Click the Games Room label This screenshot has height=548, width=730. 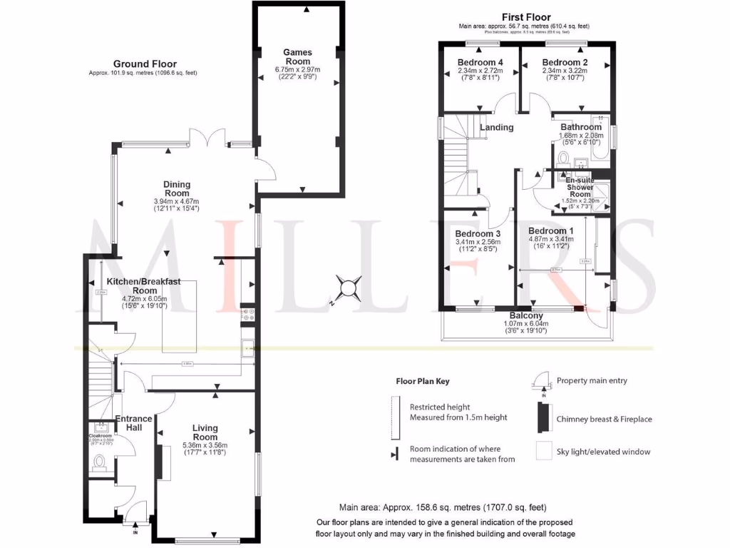tap(297, 56)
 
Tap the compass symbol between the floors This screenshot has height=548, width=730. tap(349, 288)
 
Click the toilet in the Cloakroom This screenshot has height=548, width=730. tap(100, 465)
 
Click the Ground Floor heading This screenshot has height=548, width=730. tap(145, 64)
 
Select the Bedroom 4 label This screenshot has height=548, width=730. tap(480, 63)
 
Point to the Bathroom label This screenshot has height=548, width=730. tap(580, 128)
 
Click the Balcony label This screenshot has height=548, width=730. tap(526, 316)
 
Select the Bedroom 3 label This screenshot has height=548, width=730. tap(478, 234)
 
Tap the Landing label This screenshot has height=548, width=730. tap(496, 128)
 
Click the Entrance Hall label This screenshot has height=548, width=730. tap(133, 423)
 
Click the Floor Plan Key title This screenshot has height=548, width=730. tap(423, 382)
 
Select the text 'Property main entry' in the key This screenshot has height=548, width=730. tap(592, 381)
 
